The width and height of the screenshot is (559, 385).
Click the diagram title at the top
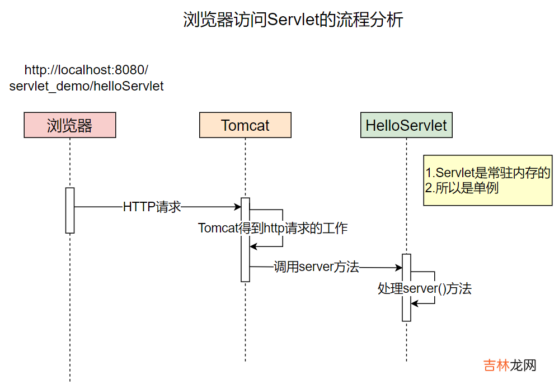coord(293,20)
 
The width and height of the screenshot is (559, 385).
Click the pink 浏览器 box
coord(69,125)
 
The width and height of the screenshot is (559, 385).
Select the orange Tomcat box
coord(245,125)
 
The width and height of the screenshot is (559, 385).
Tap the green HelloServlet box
coord(406,125)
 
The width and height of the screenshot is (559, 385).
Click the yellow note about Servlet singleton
coord(487,180)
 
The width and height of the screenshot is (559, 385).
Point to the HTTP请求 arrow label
coord(152,207)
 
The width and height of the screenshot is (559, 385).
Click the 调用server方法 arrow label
coord(316,267)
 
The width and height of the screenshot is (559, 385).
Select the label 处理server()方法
coord(424,288)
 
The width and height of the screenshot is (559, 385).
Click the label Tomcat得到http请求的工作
coord(273,228)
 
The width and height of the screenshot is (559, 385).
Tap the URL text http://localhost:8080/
coord(86,70)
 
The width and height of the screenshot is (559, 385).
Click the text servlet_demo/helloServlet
coord(86,86)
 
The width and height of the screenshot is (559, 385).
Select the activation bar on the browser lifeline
coord(70,210)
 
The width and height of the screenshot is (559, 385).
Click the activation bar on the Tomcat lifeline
coord(245,239)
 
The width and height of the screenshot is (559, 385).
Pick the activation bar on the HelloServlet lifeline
coord(406,287)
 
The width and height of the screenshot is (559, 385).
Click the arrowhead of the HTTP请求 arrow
coord(237,207)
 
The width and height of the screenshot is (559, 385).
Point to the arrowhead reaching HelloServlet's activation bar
coord(398,268)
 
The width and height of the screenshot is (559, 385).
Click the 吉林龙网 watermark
coord(510,365)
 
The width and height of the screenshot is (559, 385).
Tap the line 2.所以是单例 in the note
coord(462,188)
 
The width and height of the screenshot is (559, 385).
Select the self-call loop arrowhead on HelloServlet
coord(415,303)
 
